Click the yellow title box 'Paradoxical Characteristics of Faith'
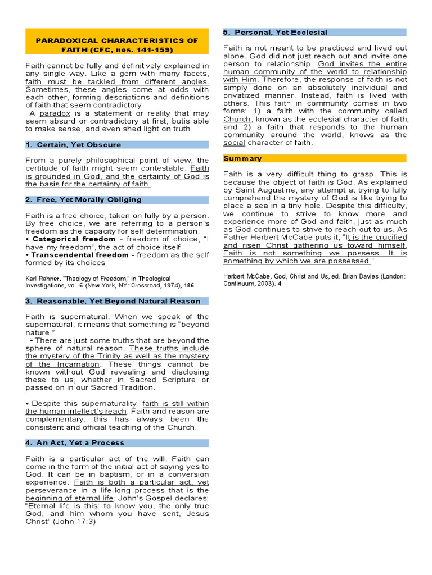(117, 45)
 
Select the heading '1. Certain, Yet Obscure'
(73, 145)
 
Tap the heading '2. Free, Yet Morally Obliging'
(83, 200)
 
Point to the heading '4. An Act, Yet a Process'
(75, 443)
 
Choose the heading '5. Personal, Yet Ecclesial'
(275, 33)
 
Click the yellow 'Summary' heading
(242, 159)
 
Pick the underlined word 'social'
(234, 143)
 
